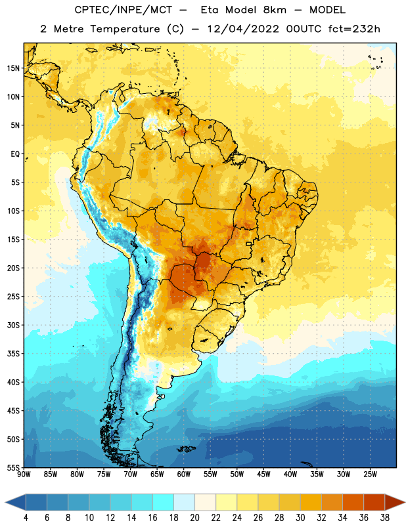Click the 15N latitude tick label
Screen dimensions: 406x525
13,68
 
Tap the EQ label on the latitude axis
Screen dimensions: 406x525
15,154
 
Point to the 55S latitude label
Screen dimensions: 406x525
13,468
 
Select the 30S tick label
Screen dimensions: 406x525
13,325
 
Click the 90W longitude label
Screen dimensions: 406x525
24,474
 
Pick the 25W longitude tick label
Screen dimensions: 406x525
370,474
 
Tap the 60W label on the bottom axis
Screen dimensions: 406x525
184,474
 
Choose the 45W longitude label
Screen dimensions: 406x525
263,474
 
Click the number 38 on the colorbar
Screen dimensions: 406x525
385,518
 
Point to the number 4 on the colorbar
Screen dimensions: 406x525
26,518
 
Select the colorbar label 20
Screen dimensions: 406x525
194,518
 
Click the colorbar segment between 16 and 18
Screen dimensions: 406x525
164,503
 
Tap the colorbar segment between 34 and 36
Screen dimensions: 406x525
353,503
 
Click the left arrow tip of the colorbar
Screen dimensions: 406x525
5,503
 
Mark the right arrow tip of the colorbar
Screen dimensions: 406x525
405,503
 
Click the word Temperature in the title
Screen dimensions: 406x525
125,29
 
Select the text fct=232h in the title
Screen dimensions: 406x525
354,29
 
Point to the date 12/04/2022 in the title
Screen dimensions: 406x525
243,29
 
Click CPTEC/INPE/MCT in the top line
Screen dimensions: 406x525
124,10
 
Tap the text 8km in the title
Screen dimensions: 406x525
275,10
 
